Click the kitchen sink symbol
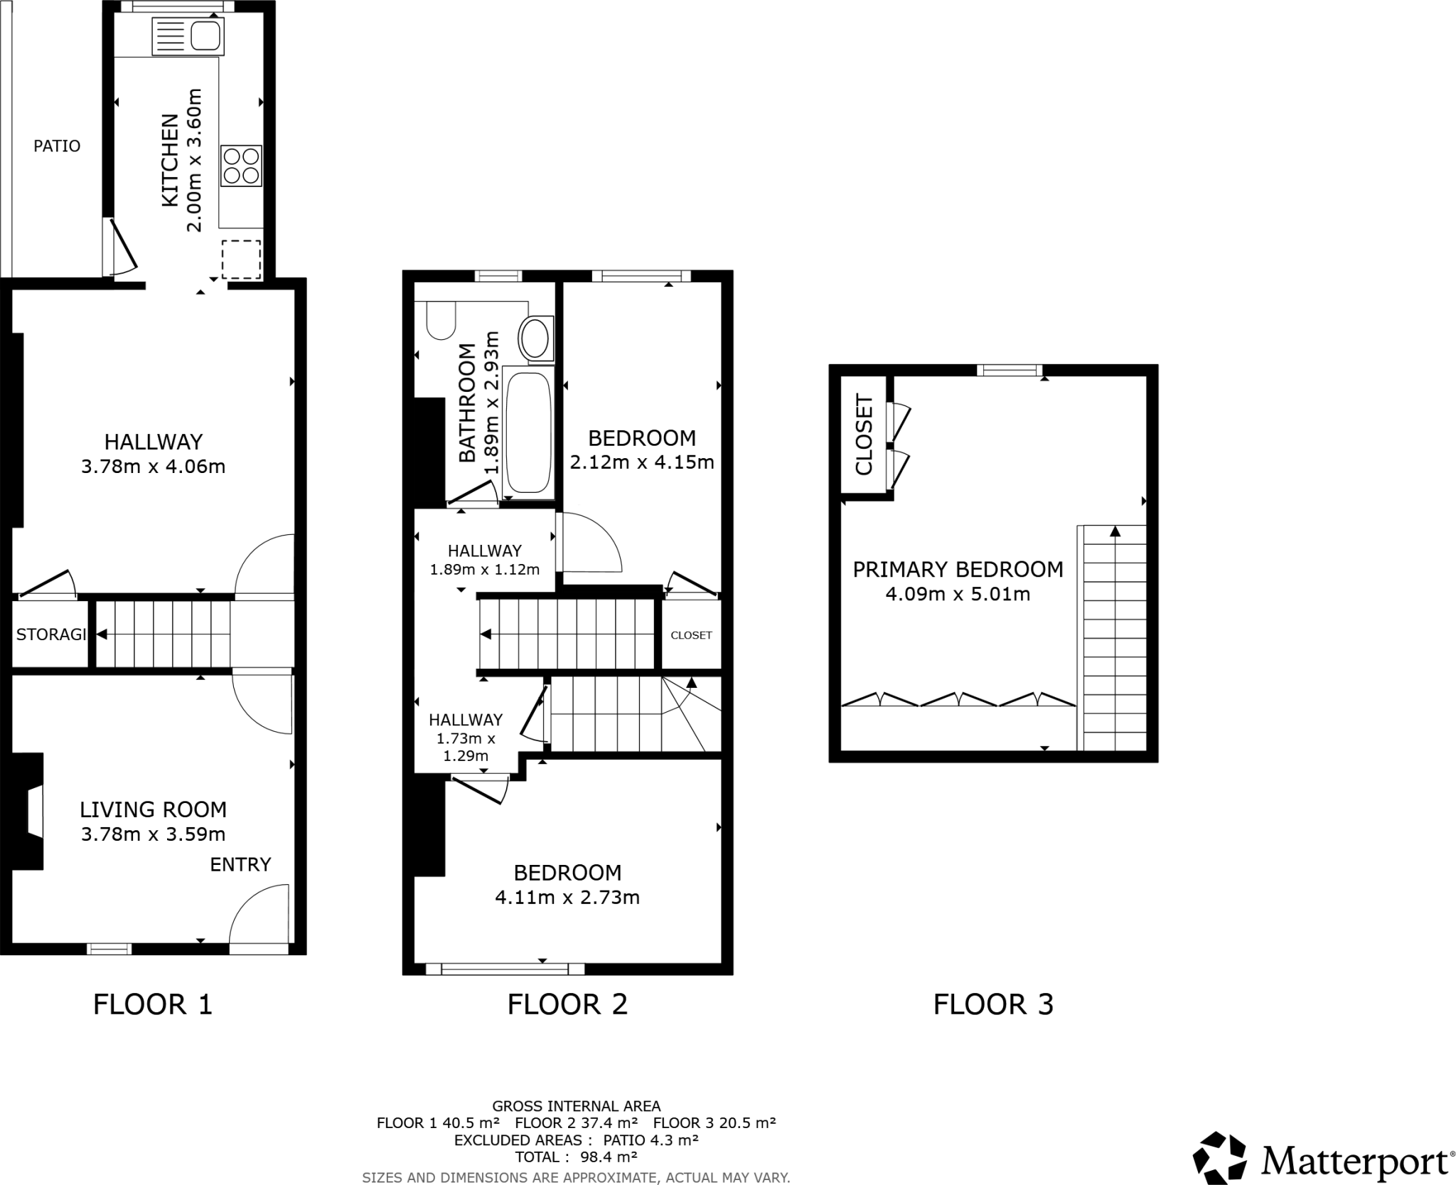pos(188,36)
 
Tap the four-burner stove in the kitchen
pos(241,166)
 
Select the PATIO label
pos(57,146)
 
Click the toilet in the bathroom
pos(441,321)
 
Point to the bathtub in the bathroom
pos(527,432)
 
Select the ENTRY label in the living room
pos(240,864)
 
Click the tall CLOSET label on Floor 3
pos(864,435)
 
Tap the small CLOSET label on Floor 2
pos(691,635)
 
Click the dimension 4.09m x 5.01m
pos(958,594)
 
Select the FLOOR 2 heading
pos(567,1004)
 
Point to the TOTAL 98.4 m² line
pos(576,1157)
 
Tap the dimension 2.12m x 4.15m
pos(642,462)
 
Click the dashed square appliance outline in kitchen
pos(241,260)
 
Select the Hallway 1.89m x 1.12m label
pos(485,560)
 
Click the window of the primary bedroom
pos(1009,370)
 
